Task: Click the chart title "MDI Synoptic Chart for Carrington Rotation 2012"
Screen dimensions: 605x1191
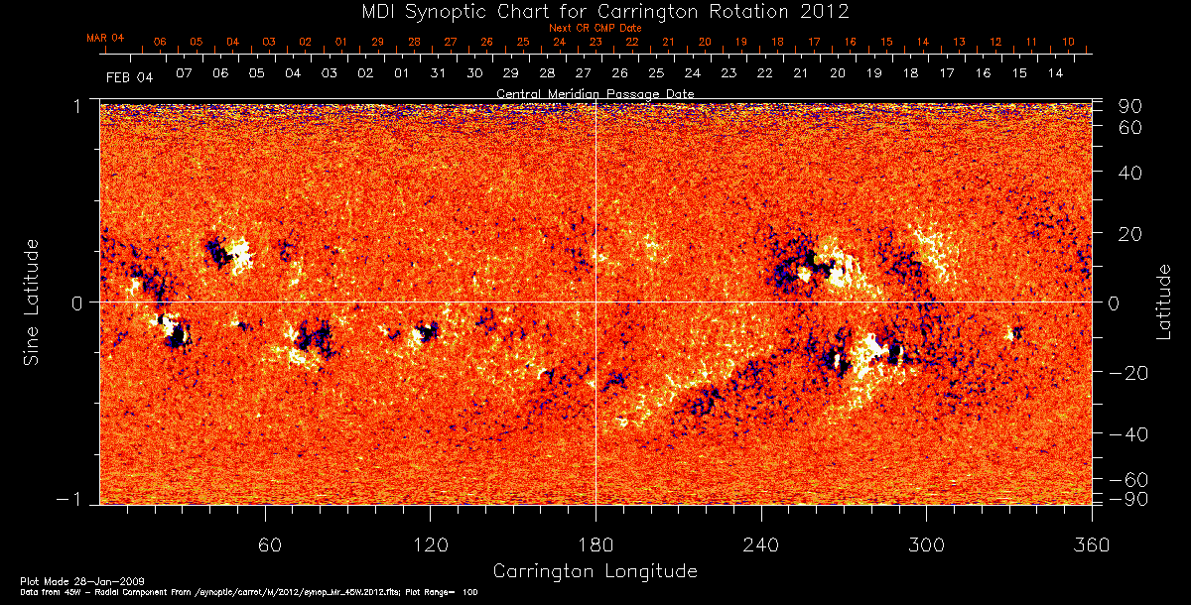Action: [x=595, y=12]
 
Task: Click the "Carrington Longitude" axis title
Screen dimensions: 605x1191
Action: [x=595, y=571]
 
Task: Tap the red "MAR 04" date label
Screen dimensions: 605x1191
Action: [x=105, y=38]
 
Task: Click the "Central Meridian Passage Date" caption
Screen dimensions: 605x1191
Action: [x=595, y=93]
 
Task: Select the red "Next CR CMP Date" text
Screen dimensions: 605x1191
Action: [x=595, y=29]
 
